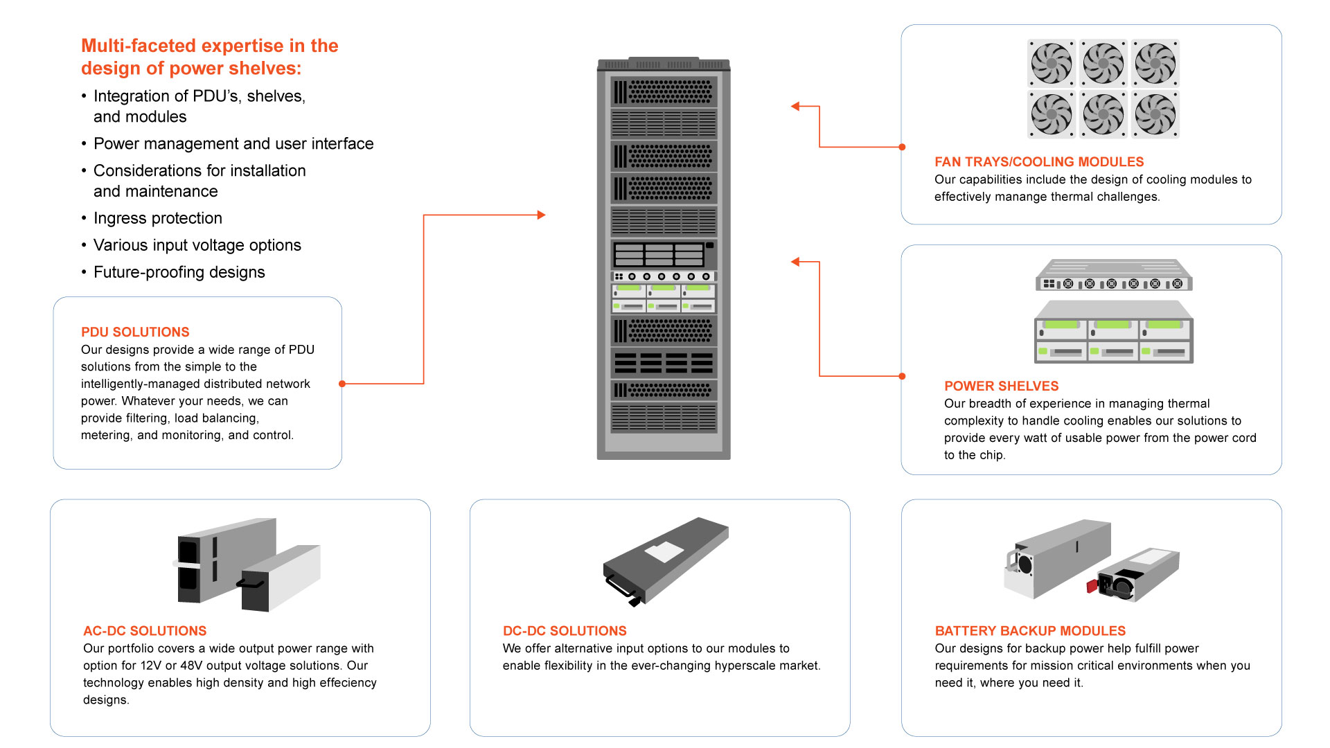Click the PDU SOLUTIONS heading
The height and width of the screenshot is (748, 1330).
pyautogui.click(x=135, y=332)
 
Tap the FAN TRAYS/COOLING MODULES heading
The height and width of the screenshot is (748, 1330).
pyautogui.click(x=1038, y=161)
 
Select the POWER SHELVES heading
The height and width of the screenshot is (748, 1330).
pyautogui.click(x=1001, y=386)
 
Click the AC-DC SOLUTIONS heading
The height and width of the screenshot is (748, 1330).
pyautogui.click(x=145, y=631)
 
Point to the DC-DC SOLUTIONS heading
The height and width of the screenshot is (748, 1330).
pyautogui.click(x=565, y=631)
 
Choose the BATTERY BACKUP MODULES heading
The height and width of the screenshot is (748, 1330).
pyautogui.click(x=1030, y=631)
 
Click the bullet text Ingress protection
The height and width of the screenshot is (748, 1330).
pyautogui.click(x=158, y=218)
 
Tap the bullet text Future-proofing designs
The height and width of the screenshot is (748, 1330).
pyautogui.click(x=179, y=272)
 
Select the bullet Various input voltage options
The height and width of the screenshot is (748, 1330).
pyautogui.click(x=197, y=245)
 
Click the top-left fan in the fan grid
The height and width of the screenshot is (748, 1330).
pyautogui.click(x=1051, y=63)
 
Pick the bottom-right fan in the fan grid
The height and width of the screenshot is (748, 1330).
pyautogui.click(x=1155, y=114)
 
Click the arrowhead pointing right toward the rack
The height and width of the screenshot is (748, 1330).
pyautogui.click(x=542, y=215)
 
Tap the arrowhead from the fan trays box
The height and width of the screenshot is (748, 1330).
pyautogui.click(x=795, y=106)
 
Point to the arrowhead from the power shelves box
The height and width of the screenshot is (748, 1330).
pyautogui.click(x=795, y=262)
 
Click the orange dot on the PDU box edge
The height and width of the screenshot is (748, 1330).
pyautogui.click(x=342, y=383)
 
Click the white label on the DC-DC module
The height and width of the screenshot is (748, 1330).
pyautogui.click(x=664, y=552)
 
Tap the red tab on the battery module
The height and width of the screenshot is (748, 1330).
pyautogui.click(x=1092, y=586)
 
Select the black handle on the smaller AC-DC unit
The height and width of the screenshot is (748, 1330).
pyautogui.click(x=249, y=584)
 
